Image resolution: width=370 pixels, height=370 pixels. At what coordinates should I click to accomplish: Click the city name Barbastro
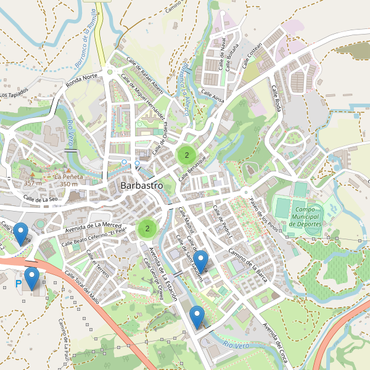pyautogui.click(x=141, y=185)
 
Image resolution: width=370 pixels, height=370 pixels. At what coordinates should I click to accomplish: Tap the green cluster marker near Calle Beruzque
pyautogui.click(x=186, y=155)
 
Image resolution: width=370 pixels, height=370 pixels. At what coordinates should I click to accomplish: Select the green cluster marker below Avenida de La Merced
pyautogui.click(x=147, y=229)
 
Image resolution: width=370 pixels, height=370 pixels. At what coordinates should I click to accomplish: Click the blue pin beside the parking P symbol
pyautogui.click(x=31, y=278)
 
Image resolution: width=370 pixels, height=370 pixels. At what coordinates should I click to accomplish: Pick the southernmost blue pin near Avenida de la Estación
pyautogui.click(x=197, y=316)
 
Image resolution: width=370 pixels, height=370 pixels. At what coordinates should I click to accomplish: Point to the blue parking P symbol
pyautogui.click(x=17, y=284)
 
